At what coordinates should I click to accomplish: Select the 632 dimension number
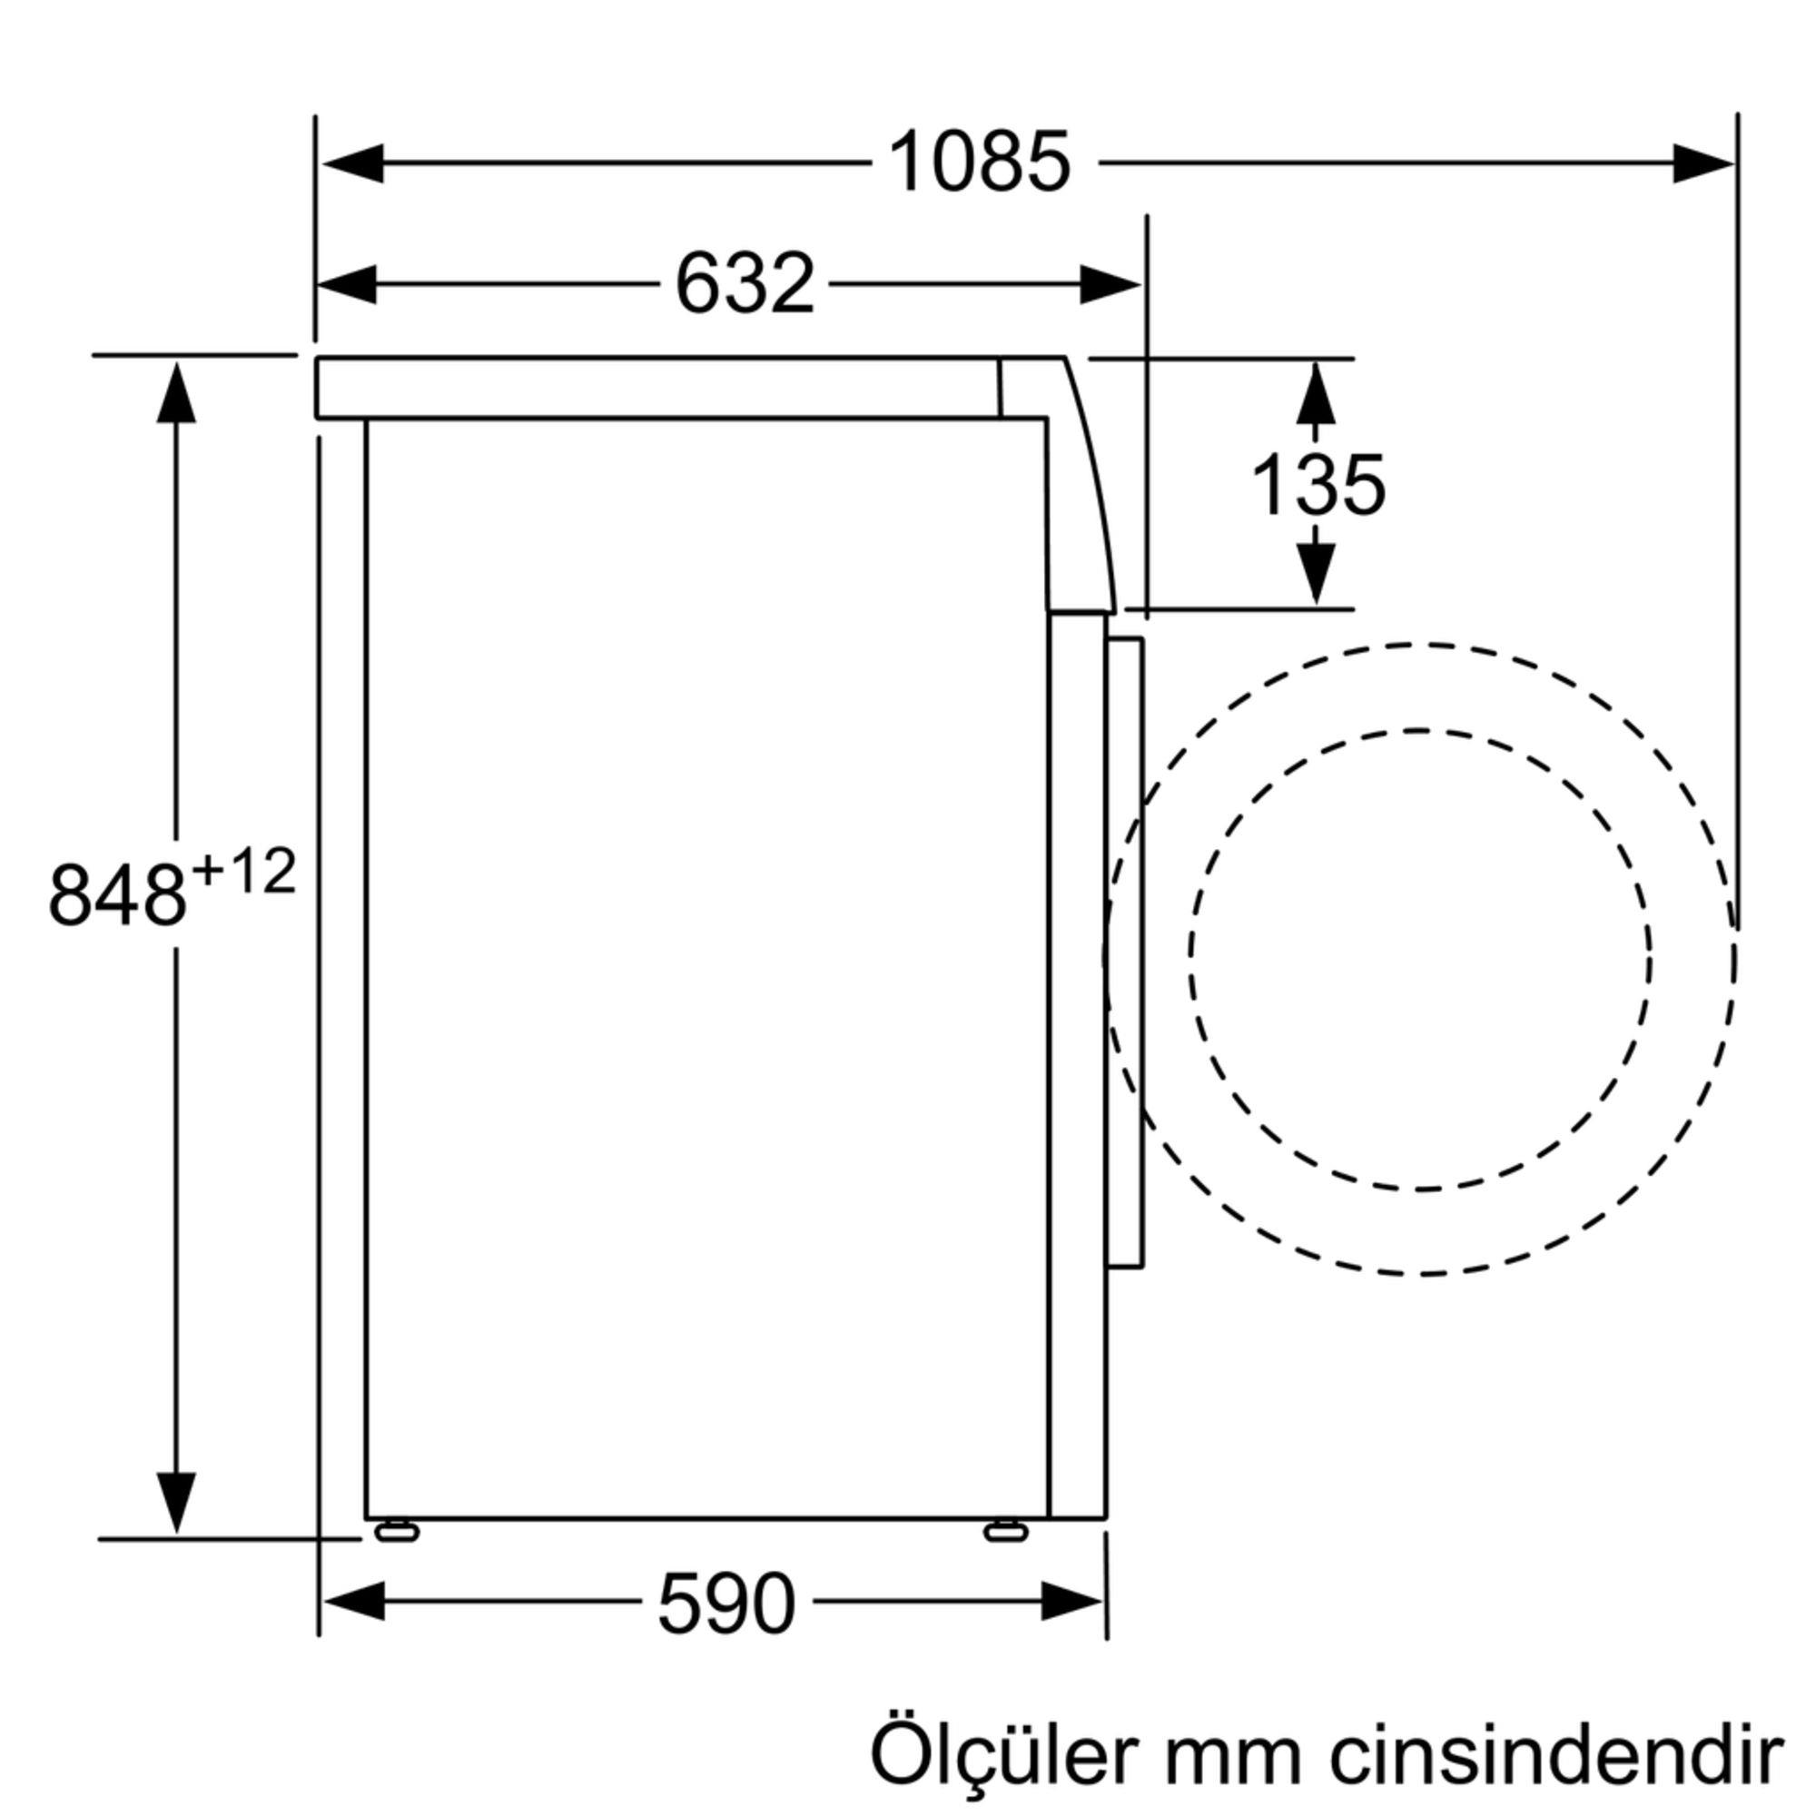745,284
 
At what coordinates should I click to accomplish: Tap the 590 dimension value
725,1604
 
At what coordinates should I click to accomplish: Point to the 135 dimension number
1318,486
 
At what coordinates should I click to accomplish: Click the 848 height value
116,897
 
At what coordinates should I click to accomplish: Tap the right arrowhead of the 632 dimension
1110,284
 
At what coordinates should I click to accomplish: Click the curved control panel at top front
1081,489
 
